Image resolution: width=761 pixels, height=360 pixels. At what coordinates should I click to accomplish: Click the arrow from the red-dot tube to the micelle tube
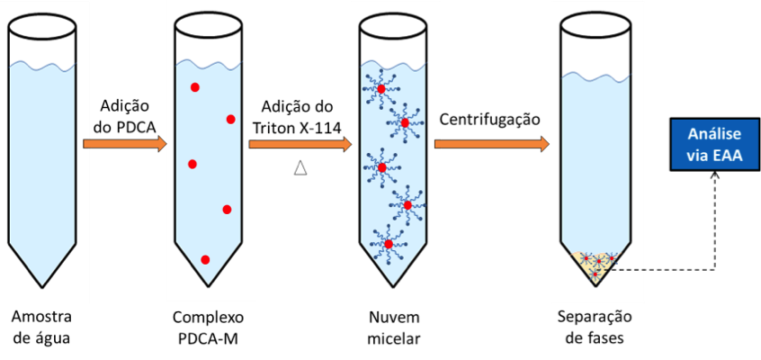(x=299, y=144)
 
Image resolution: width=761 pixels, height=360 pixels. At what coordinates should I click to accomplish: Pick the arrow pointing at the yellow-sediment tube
(x=491, y=144)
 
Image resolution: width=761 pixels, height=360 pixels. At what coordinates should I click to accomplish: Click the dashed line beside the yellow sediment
(x=630, y=270)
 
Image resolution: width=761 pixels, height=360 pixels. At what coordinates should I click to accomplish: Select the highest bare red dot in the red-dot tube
(x=194, y=87)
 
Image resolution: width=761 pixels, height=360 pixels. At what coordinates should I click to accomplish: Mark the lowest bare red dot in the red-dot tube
(x=205, y=259)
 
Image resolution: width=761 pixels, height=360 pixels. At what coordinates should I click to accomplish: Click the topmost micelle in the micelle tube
(x=381, y=89)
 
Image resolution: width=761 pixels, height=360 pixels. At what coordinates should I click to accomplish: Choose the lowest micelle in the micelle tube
(x=389, y=243)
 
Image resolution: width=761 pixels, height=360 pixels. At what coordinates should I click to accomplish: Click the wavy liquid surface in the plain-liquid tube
(x=44, y=66)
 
